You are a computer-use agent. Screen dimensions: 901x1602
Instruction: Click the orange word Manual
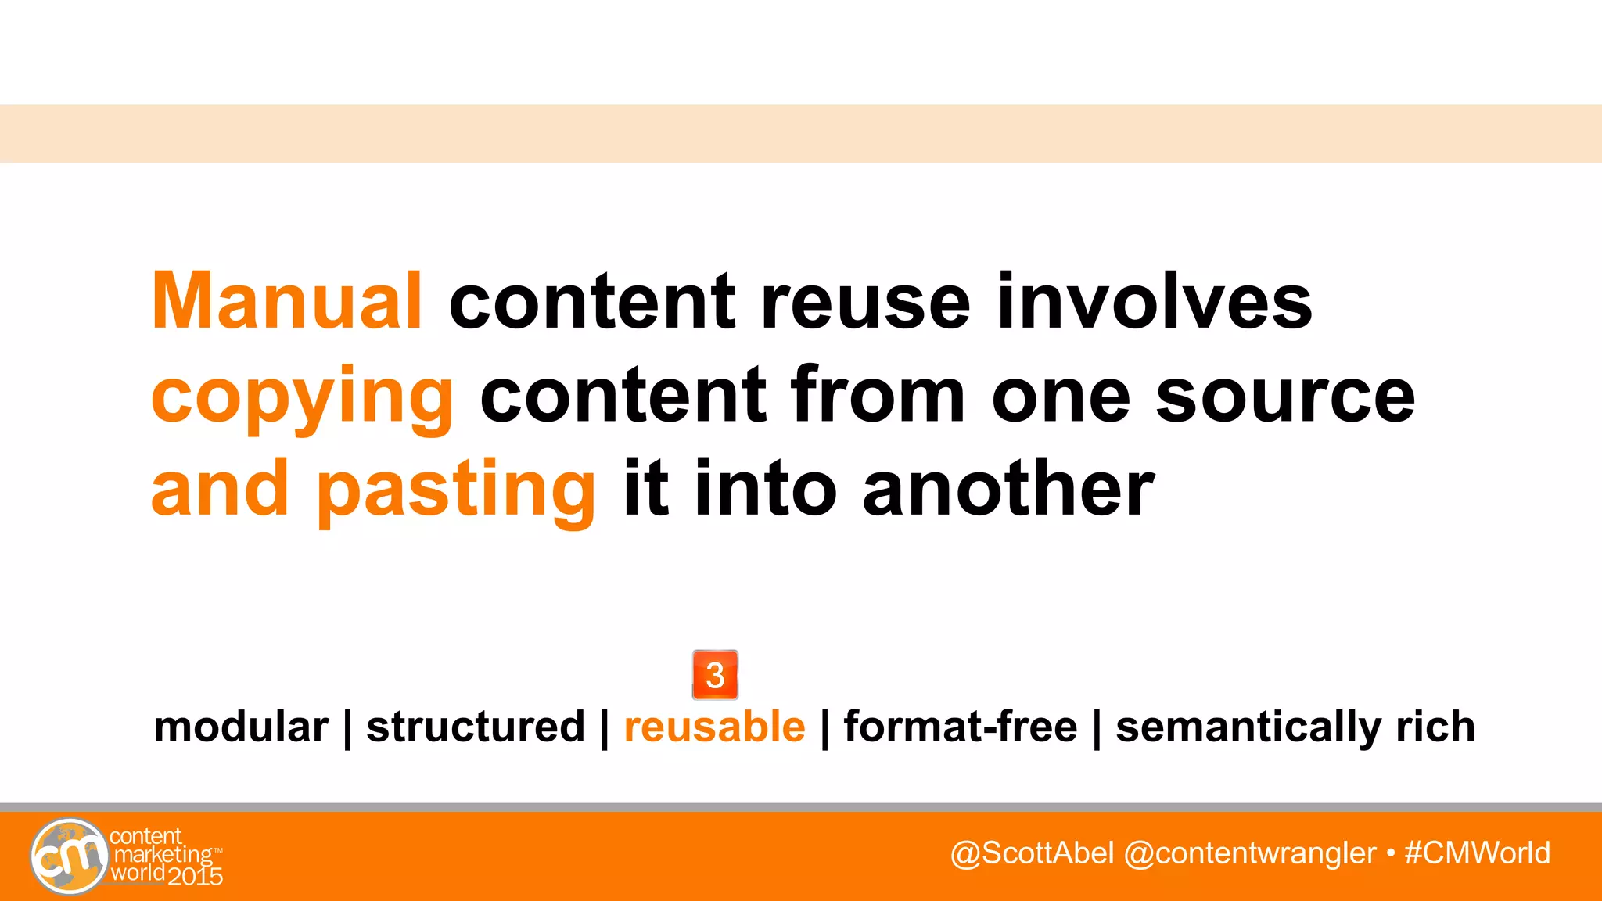tap(287, 301)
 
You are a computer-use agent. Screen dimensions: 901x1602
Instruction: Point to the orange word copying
tap(302, 397)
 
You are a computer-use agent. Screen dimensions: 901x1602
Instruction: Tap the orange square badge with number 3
tap(715, 674)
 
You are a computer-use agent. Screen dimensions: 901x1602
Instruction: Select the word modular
tap(241, 727)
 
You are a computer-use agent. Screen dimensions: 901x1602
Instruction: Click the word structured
tap(476, 727)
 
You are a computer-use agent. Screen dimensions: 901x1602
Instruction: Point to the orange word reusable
tap(714, 727)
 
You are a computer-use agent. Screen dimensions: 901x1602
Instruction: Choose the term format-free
tap(960, 727)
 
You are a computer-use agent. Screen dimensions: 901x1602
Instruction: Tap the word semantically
tap(1248, 728)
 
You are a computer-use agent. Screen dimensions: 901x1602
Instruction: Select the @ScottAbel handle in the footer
tap(1032, 853)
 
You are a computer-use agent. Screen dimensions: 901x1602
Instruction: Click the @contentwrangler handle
tap(1249, 853)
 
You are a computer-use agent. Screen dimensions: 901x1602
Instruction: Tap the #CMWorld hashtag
tap(1477, 853)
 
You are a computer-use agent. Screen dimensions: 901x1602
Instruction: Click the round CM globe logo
tap(70, 856)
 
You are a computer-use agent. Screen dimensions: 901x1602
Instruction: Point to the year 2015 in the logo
tap(196, 876)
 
